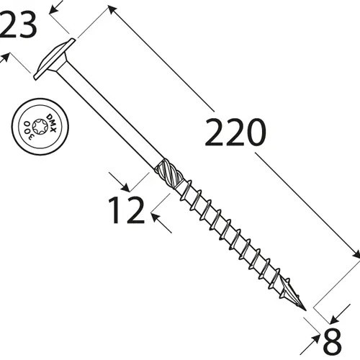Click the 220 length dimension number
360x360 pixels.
point(235,132)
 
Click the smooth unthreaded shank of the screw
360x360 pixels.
point(108,115)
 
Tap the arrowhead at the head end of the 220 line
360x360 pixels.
point(111,9)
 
